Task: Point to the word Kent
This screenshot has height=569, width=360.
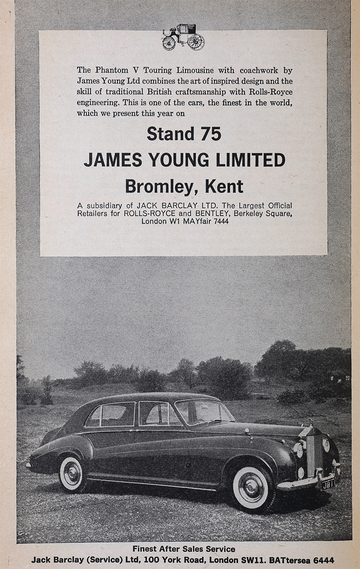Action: (x=224, y=186)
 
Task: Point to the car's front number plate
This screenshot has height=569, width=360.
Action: (x=327, y=484)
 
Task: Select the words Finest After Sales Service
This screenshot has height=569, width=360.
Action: (x=183, y=549)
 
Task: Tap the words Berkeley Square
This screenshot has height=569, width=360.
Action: (x=259, y=213)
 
